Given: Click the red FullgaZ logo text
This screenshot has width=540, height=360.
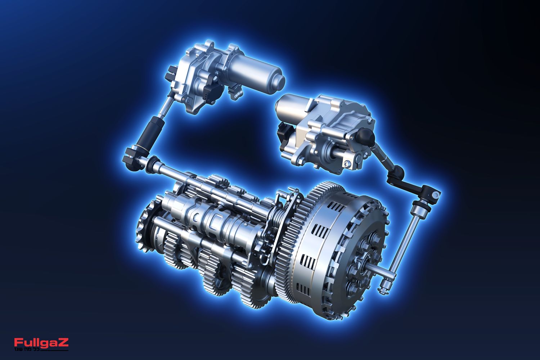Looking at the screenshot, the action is coord(41,343).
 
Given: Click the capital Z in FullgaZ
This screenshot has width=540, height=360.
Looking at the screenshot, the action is coord(64,342).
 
